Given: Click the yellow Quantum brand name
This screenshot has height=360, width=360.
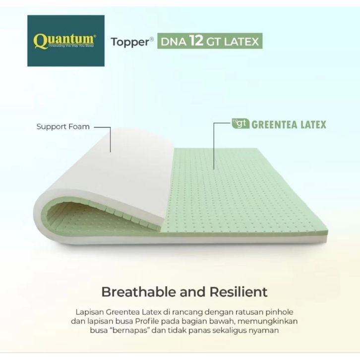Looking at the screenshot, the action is click(x=65, y=41).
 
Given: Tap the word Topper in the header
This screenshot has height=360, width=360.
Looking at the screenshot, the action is click(x=130, y=42).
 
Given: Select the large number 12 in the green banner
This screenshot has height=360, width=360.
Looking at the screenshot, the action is click(x=196, y=40).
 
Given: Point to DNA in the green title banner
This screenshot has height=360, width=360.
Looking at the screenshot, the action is click(x=174, y=42).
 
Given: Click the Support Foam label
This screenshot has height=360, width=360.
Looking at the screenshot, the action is click(x=63, y=126).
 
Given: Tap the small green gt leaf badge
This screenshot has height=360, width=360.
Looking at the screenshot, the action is click(x=240, y=123).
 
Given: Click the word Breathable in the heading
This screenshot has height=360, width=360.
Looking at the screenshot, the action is click(x=139, y=292).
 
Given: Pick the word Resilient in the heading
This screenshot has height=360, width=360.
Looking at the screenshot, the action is click(x=239, y=292).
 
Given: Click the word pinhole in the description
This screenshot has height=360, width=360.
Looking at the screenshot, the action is click(x=279, y=312).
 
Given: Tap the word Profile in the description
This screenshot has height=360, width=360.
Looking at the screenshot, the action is click(x=147, y=321).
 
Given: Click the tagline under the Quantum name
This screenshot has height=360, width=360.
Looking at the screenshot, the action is click(x=71, y=46).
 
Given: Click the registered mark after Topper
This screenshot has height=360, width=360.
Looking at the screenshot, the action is click(x=152, y=39).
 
